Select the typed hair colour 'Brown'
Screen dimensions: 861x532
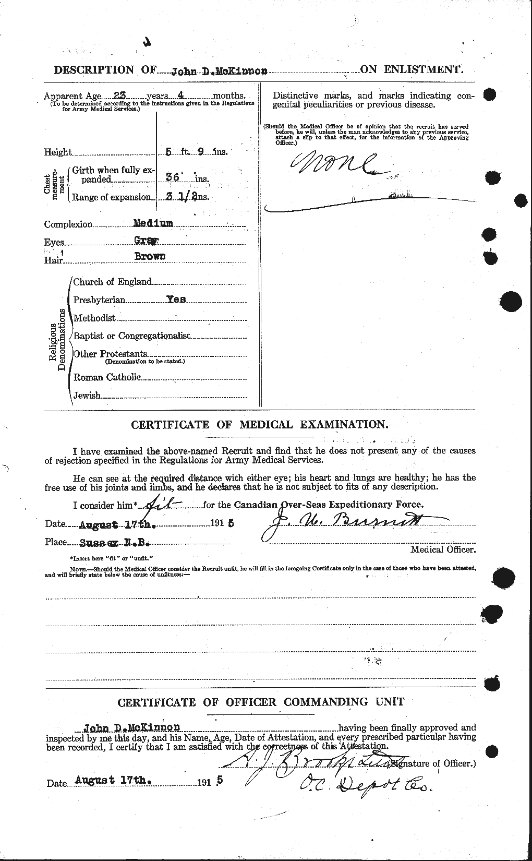click(151, 256)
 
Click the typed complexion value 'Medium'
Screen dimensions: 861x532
click(153, 223)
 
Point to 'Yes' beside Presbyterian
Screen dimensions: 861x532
click(176, 300)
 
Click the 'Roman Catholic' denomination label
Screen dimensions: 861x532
click(107, 377)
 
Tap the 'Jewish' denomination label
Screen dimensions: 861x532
click(87, 395)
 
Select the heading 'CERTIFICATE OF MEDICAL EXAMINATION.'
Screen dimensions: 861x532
click(259, 425)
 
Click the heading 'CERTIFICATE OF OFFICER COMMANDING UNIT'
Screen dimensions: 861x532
click(261, 702)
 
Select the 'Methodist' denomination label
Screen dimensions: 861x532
click(94, 318)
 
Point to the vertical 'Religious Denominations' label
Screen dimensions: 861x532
click(57, 339)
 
